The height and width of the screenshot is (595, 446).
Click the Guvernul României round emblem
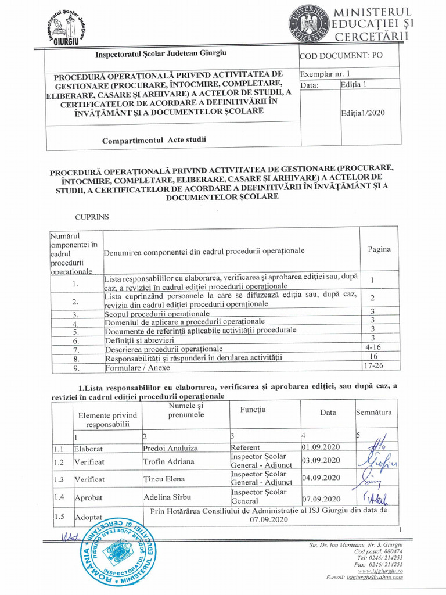[x=307, y=25]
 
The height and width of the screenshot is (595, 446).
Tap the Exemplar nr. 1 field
[x=325, y=74]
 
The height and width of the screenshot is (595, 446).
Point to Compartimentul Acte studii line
[x=154, y=140]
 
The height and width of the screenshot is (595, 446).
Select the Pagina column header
[x=379, y=249]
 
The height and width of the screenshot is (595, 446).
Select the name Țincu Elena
[x=164, y=479]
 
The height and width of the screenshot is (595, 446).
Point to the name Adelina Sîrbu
[x=167, y=498]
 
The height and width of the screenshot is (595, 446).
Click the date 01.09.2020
[x=321, y=447]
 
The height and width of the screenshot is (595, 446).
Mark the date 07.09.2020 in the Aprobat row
[x=321, y=499]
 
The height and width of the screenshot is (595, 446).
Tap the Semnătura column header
[x=374, y=413]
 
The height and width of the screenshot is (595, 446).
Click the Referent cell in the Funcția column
[x=245, y=448]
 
